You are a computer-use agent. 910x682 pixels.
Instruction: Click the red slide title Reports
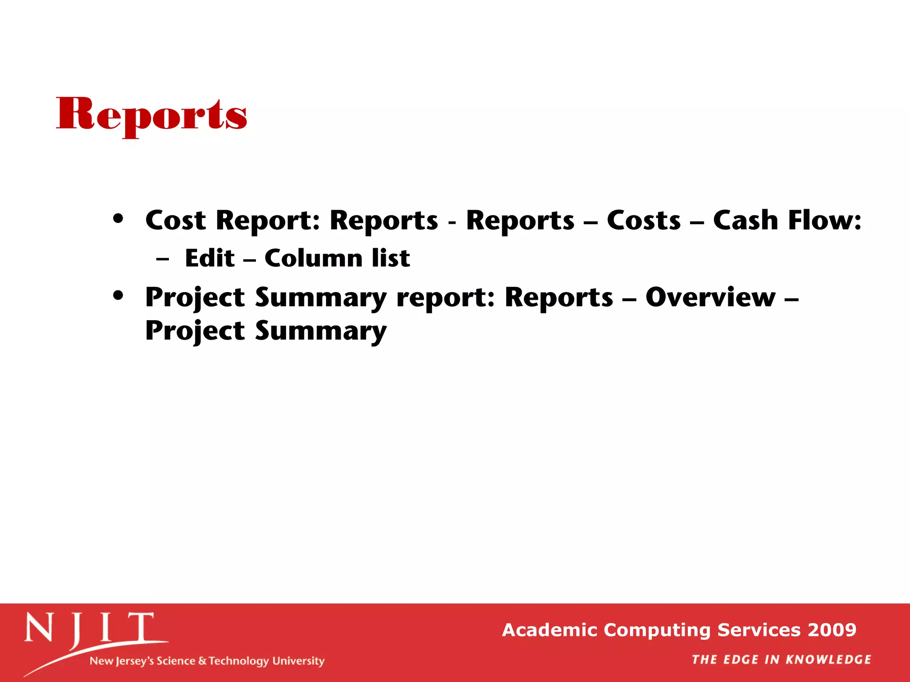pos(152,115)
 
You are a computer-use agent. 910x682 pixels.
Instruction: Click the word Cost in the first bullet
pos(176,221)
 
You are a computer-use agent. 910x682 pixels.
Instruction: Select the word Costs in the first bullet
pos(643,221)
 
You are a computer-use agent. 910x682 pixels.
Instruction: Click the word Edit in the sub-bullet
pos(210,258)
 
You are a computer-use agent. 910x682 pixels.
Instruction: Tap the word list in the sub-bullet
pos(391,258)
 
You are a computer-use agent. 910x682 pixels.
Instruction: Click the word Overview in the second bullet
pos(710,297)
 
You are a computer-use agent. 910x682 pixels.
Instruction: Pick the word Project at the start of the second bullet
pos(195,298)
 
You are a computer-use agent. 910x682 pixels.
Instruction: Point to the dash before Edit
pos(163,259)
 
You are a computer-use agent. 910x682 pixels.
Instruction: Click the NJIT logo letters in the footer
pos(89,628)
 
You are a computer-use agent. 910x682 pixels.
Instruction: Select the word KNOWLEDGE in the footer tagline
pos(828,660)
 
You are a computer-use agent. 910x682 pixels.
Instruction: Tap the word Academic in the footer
pos(550,630)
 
